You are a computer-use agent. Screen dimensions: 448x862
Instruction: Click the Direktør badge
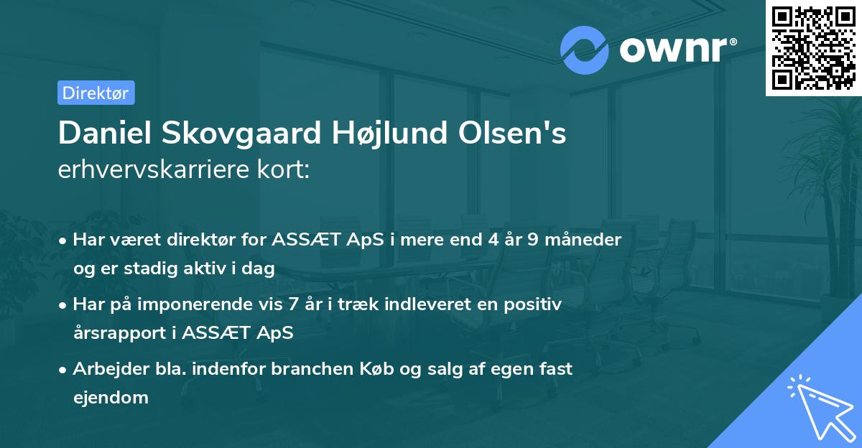[x=96, y=93]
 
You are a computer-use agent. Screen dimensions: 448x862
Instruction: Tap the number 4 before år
[x=492, y=240]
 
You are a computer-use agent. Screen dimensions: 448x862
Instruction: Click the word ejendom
[x=111, y=397]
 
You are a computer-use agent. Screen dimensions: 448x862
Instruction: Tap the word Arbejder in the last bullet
[x=106, y=369]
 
